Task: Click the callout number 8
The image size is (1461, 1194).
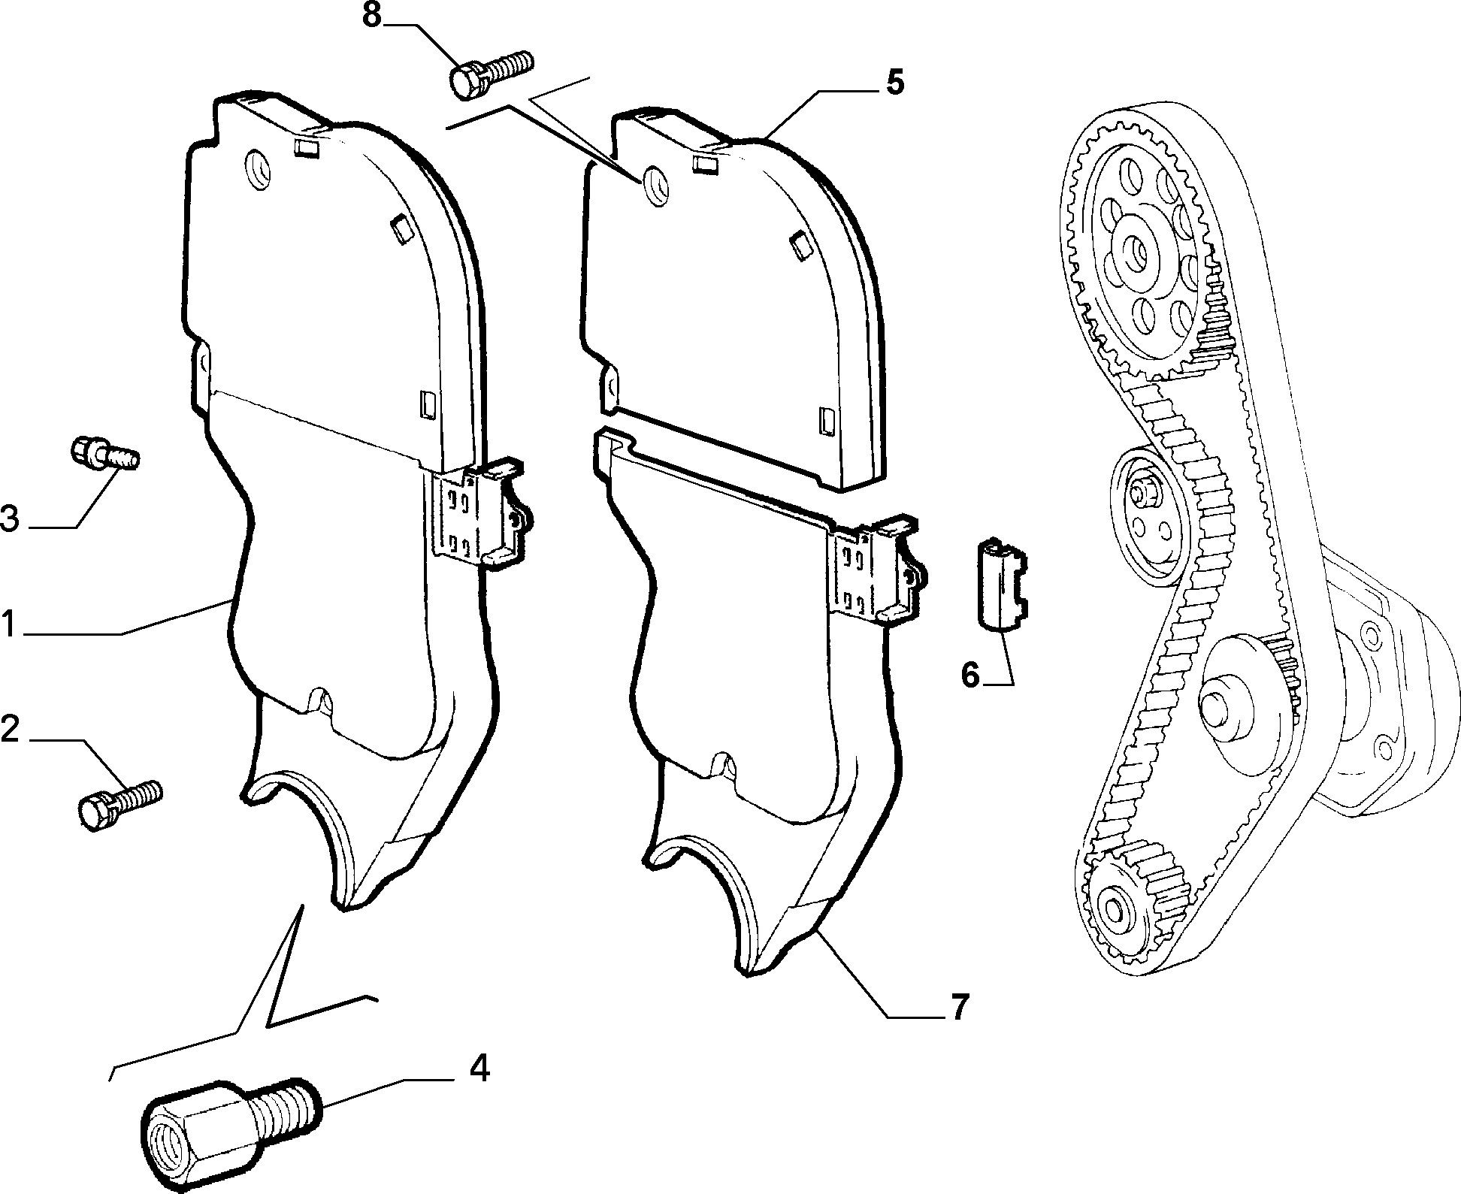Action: pyautogui.click(x=374, y=15)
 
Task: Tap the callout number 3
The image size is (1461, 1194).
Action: pyautogui.click(x=11, y=519)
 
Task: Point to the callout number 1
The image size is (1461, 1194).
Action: pyautogui.click(x=8, y=624)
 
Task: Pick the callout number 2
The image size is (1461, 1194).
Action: pyautogui.click(x=11, y=730)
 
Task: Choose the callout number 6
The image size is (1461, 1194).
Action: pyautogui.click(x=970, y=675)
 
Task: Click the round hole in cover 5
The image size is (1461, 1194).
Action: pyautogui.click(x=655, y=184)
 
